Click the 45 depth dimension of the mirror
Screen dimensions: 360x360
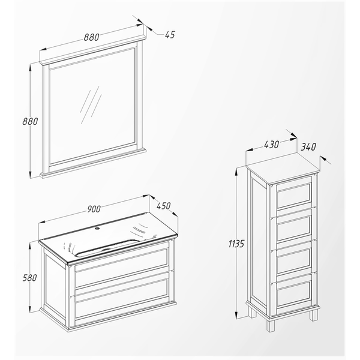tap(170, 35)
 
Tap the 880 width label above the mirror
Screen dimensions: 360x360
tap(91, 37)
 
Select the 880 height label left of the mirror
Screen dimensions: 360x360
tap(30, 121)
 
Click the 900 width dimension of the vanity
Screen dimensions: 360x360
tap(94, 209)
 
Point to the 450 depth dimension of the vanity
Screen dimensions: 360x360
tap(164, 206)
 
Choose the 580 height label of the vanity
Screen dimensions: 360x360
tap(29, 278)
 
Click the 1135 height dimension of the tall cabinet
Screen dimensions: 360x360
tap(236, 244)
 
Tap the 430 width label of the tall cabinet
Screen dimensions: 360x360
tap(271, 145)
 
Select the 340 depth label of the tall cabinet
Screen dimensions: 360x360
tap(308, 147)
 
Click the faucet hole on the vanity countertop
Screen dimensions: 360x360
tap(97, 229)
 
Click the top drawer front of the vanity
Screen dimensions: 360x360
tap(122, 268)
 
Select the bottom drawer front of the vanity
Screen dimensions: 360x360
tap(122, 298)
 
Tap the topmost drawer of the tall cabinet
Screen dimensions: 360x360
tap(294, 196)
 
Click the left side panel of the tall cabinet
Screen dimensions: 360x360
tap(259, 242)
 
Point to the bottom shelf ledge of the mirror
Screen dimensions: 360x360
tap(93, 162)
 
